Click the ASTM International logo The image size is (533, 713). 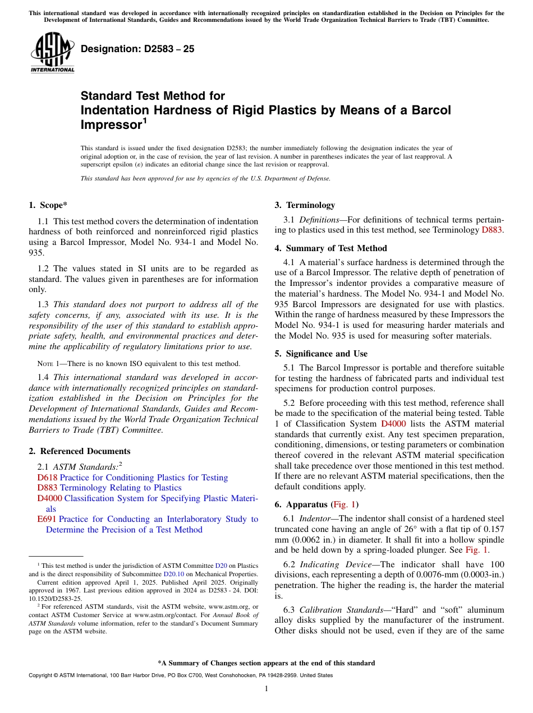pyautogui.click(x=52, y=52)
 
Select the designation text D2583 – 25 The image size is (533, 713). pyautogui.click(x=137, y=49)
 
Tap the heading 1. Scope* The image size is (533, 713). pyautogui.click(x=48, y=205)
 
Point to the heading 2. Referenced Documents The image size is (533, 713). pyautogui.click(x=80, y=451)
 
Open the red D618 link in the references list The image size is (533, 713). pyautogui.click(x=47, y=478)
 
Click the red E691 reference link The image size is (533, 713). pyautogui.click(x=47, y=519)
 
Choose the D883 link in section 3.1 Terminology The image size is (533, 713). pyautogui.click(x=492, y=230)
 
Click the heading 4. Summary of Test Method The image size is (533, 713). pyautogui.click(x=330, y=248)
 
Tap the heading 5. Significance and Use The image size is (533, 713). pyautogui.click(x=321, y=354)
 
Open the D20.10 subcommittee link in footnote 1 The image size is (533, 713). pyautogui.click(x=171, y=573)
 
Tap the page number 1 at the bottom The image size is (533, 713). pyautogui.click(x=266, y=689)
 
